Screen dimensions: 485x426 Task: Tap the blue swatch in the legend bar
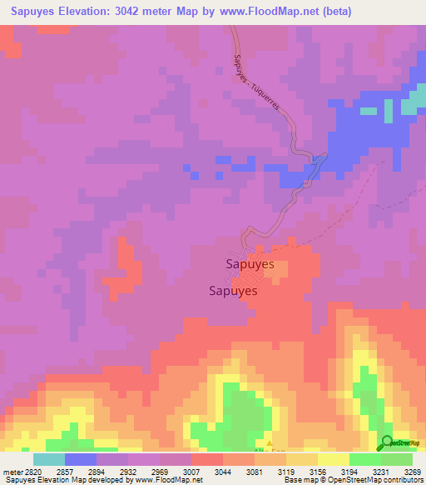[x=80, y=459]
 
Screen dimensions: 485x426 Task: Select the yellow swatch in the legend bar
[x=333, y=459]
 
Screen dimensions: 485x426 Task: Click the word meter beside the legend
[x=10, y=471]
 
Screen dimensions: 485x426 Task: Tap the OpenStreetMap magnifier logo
[x=387, y=442]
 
